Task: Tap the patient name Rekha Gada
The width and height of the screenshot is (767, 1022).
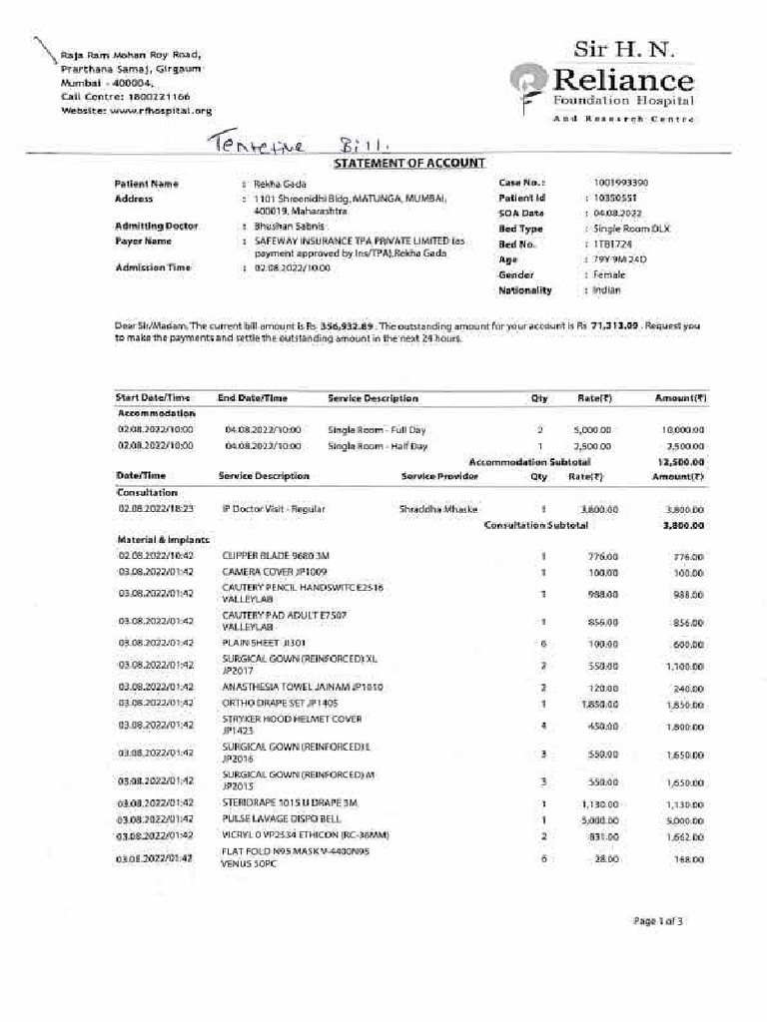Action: coord(280,185)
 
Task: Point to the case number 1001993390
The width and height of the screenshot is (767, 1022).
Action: coord(620,184)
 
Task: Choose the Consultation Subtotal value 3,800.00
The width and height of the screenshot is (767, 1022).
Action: coord(684,525)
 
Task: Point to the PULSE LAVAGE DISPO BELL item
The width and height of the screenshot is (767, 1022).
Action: coord(282,818)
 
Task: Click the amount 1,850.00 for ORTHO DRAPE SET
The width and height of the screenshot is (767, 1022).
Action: coord(685,705)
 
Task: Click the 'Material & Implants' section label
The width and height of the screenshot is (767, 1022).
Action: coord(155,540)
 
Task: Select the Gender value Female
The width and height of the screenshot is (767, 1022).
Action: coord(608,274)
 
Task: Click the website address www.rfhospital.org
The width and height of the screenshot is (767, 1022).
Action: coord(161,111)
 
